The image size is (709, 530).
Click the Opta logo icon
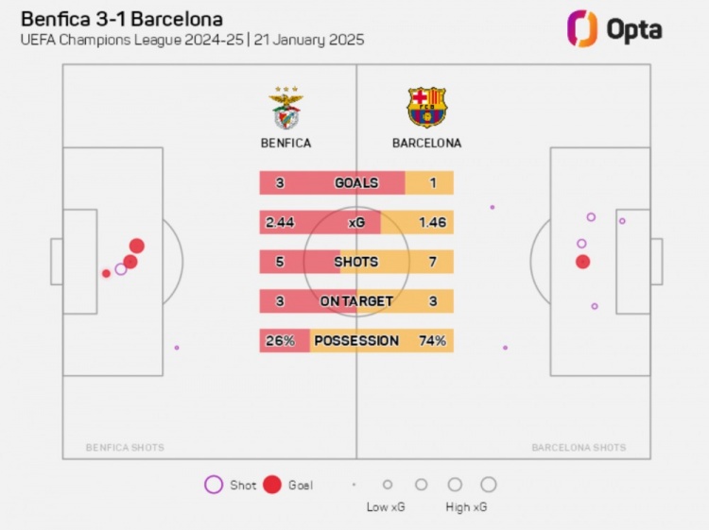point(581,28)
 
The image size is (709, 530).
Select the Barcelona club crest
point(427,108)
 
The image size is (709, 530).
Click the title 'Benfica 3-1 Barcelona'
point(122,19)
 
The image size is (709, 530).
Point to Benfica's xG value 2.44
point(281,222)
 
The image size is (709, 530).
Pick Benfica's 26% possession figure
point(280,340)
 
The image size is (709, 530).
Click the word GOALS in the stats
point(356,183)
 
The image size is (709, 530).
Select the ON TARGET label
point(356,301)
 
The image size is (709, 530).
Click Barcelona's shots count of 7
point(433,262)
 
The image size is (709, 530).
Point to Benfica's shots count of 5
point(280,262)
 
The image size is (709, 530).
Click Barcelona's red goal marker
point(583,262)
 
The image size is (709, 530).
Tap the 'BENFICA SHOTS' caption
point(125,448)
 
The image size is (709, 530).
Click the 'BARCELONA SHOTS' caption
point(579,448)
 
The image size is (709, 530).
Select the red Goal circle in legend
point(273,485)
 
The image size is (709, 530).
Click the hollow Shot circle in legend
point(214,485)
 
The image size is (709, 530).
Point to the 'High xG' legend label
point(466,507)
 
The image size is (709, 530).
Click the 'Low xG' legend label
point(386,507)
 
